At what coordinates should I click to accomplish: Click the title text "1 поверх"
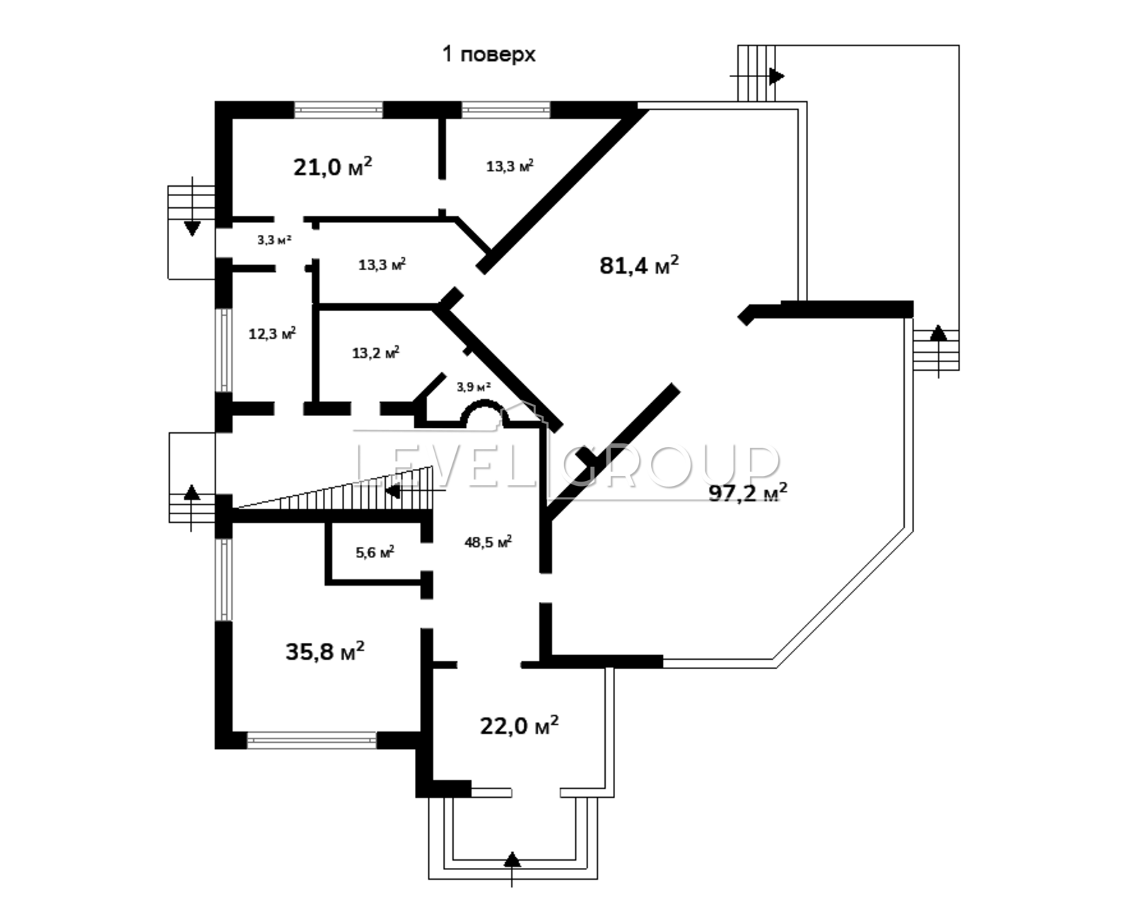pyautogui.click(x=488, y=54)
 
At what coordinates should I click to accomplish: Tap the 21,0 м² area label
pyautogui.click(x=333, y=167)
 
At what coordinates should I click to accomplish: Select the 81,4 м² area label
pyautogui.click(x=639, y=265)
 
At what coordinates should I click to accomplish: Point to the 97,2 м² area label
pyautogui.click(x=748, y=493)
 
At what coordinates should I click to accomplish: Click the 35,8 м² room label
pyautogui.click(x=324, y=651)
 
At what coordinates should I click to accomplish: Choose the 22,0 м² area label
pyautogui.click(x=520, y=726)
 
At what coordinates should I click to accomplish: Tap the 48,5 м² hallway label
pyautogui.click(x=488, y=542)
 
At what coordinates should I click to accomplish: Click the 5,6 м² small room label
pyautogui.click(x=375, y=552)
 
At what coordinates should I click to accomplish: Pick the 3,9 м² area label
pyautogui.click(x=474, y=387)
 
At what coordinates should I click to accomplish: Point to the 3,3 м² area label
pyautogui.click(x=274, y=240)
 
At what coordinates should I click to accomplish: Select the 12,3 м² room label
pyautogui.click(x=272, y=334)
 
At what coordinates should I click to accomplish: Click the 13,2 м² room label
pyautogui.click(x=376, y=352)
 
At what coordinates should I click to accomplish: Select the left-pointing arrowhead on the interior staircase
pyautogui.click(x=392, y=492)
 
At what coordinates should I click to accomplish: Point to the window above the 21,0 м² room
pyautogui.click(x=339, y=110)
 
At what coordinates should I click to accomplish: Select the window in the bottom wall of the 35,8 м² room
pyautogui.click(x=312, y=741)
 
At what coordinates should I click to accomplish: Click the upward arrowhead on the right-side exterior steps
pyautogui.click(x=939, y=333)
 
